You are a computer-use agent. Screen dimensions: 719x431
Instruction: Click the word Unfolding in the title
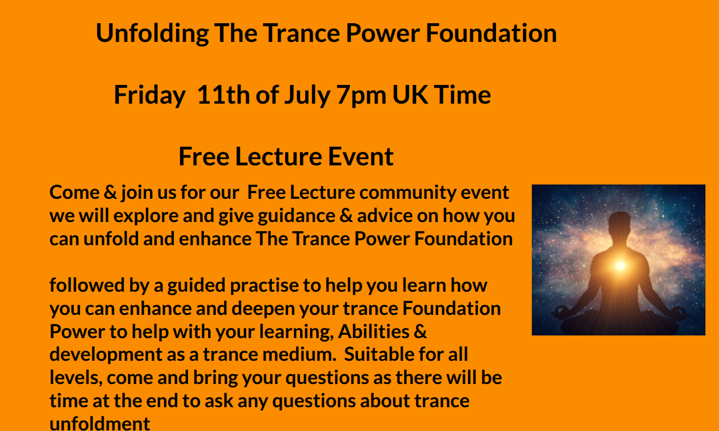[x=152, y=34]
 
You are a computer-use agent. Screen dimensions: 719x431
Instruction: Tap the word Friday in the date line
[x=150, y=95]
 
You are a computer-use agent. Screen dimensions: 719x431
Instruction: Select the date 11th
[x=224, y=95]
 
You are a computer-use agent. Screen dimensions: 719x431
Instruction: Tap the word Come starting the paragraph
[x=75, y=193]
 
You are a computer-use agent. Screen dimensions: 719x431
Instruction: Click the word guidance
[x=297, y=216]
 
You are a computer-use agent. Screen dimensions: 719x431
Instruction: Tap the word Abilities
[x=374, y=331]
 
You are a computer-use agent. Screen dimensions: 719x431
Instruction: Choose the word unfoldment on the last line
[x=100, y=423]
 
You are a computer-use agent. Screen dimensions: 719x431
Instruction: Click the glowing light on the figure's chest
[x=620, y=265]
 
